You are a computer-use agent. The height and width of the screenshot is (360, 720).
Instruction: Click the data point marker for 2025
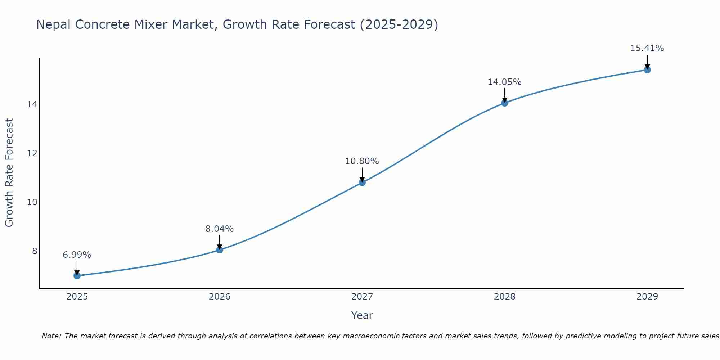tap(77, 276)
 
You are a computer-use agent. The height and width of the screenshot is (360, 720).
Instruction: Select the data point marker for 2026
tap(220, 250)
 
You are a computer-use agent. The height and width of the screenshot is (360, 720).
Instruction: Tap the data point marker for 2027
tap(362, 183)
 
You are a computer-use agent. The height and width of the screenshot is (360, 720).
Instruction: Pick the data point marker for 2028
tap(505, 103)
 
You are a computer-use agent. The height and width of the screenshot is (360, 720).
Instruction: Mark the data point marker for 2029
tap(647, 70)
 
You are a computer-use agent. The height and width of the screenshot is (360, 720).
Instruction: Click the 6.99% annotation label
tap(77, 255)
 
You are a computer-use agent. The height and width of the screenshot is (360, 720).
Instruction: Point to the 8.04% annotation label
tap(220, 229)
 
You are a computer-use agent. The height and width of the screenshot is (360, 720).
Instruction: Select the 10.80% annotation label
tap(362, 161)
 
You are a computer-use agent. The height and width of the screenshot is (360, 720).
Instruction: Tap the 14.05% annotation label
tap(505, 82)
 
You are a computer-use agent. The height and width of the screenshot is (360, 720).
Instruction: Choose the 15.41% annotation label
tap(647, 48)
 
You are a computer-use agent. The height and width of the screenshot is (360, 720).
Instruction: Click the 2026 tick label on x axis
tap(220, 297)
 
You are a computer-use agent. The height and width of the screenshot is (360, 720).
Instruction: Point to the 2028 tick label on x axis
tap(505, 297)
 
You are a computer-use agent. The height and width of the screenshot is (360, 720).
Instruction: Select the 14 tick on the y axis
tap(32, 104)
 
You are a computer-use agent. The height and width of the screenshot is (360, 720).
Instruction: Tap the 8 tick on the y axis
tap(35, 251)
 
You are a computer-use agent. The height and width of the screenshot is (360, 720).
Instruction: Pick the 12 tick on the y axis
tap(32, 153)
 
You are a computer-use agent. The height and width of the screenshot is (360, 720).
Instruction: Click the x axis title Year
tap(362, 315)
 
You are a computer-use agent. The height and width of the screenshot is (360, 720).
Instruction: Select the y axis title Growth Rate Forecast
tap(9, 173)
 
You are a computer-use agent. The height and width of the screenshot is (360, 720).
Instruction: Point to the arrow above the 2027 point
tap(362, 175)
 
